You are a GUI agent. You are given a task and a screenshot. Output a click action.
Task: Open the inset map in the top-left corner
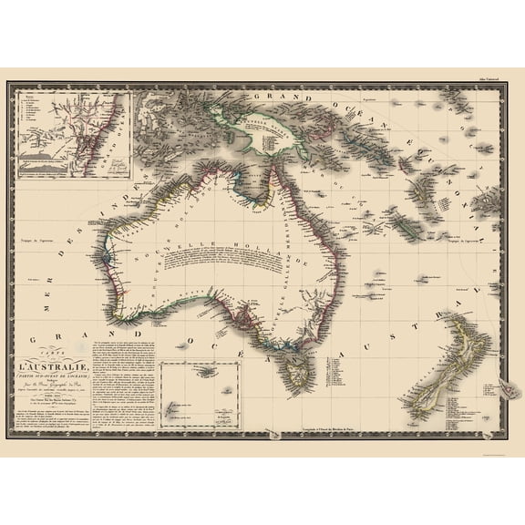pos(72,133)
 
